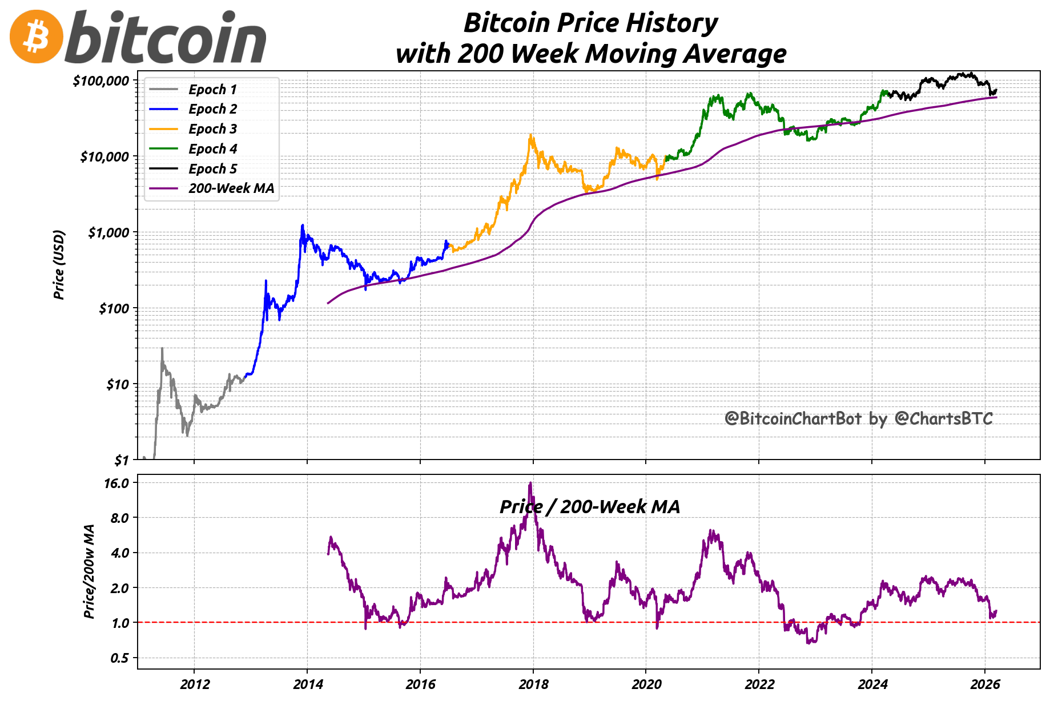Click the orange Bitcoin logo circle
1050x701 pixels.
click(x=37, y=37)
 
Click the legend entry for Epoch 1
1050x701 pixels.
click(x=212, y=90)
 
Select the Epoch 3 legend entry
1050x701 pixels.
click(x=212, y=129)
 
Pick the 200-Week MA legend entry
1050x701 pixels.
click(x=231, y=188)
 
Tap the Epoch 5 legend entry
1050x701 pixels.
click(x=212, y=169)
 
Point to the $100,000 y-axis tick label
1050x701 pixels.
click(x=100, y=80)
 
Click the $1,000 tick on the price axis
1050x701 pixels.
click(x=108, y=232)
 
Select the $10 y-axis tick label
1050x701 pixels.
click(x=118, y=384)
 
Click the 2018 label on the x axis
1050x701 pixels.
click(x=533, y=684)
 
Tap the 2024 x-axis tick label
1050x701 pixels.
click(x=872, y=684)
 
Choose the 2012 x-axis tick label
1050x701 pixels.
click(x=194, y=684)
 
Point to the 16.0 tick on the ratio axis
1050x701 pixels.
click(x=116, y=483)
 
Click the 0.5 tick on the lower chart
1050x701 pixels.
click(x=119, y=658)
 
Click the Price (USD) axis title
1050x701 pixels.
click(x=59, y=264)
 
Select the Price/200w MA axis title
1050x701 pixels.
click(x=89, y=571)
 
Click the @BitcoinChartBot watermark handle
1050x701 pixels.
click(x=792, y=418)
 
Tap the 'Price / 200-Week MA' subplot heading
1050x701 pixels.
click(x=590, y=507)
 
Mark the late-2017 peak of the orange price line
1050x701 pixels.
click(x=531, y=135)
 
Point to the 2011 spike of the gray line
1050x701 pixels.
click(x=162, y=348)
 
